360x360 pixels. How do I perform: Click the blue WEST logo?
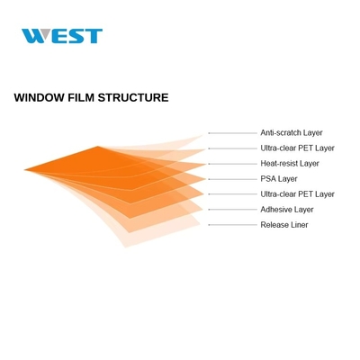coord(62,36)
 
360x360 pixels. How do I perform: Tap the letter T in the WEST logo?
coord(94,36)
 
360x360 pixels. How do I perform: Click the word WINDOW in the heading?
coord(39,98)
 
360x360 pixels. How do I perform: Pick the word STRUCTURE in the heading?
coord(133,98)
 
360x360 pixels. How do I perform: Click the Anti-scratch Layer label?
coord(292,132)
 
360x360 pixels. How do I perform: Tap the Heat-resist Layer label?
coord(290,164)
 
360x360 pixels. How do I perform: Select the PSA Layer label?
coord(279,179)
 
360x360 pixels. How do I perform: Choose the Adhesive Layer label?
coord(287,210)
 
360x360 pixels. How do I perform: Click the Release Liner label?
coord(284,225)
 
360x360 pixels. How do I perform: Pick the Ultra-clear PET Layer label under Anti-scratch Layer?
coord(297,148)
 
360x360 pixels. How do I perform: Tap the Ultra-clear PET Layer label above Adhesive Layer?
coord(297,194)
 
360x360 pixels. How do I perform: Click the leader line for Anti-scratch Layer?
coord(233,133)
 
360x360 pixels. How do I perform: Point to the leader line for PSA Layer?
coord(233,179)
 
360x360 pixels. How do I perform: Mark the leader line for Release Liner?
coord(233,225)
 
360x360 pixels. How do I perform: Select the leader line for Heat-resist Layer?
coord(233,164)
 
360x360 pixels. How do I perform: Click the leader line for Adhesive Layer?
coord(233,210)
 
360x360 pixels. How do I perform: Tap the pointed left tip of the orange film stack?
coord(24,170)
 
